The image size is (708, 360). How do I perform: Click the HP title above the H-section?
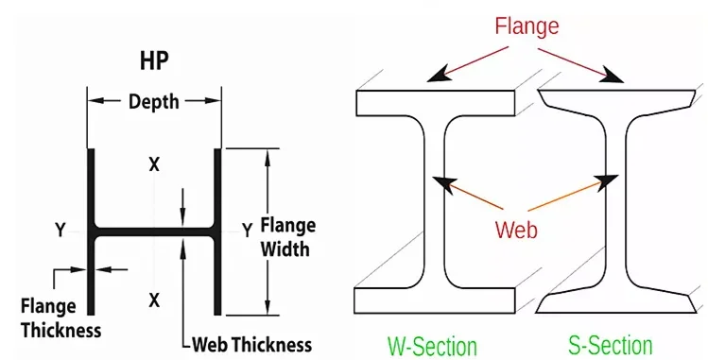coord(154,60)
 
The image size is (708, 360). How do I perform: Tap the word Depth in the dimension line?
coord(154,101)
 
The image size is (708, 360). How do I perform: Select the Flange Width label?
coord(287,237)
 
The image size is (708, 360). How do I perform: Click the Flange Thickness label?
coord(60,318)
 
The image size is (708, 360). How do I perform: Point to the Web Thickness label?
coord(252,345)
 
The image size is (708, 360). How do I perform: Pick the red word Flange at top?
coord(527,26)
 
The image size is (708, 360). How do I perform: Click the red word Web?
coord(516,230)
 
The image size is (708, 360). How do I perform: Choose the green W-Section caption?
coord(432,346)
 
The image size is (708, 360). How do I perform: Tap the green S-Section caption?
coord(610,346)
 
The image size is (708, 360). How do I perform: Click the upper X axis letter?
coord(154,165)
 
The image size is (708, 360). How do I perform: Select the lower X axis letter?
coord(154,300)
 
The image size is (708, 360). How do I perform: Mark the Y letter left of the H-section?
coord(60,231)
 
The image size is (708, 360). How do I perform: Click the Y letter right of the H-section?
coord(247,231)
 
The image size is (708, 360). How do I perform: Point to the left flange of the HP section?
coord(91,231)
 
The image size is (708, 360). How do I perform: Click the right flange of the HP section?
coord(217,231)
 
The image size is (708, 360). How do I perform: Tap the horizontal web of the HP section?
coord(154,231)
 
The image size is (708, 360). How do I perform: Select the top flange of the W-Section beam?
coord(435,103)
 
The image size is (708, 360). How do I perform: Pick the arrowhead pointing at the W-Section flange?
coord(439,76)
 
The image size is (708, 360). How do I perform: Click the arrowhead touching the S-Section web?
coord(608,181)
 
